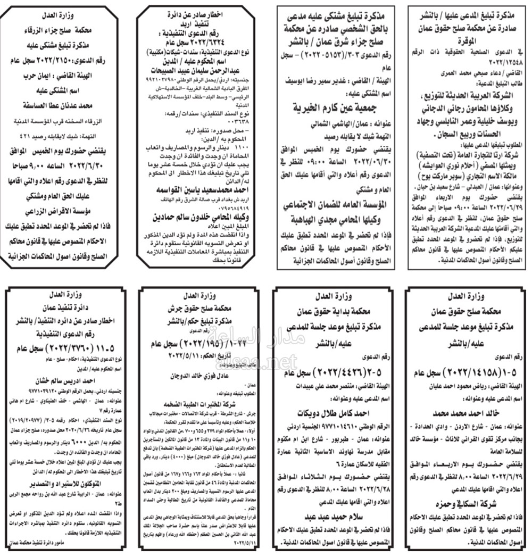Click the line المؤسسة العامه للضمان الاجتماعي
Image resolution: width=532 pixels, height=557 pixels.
(x=334, y=205)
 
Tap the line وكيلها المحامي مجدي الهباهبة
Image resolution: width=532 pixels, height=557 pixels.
(x=334, y=220)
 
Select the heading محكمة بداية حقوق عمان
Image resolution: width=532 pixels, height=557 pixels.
(x=334, y=312)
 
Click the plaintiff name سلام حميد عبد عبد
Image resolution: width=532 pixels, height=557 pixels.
(x=334, y=515)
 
